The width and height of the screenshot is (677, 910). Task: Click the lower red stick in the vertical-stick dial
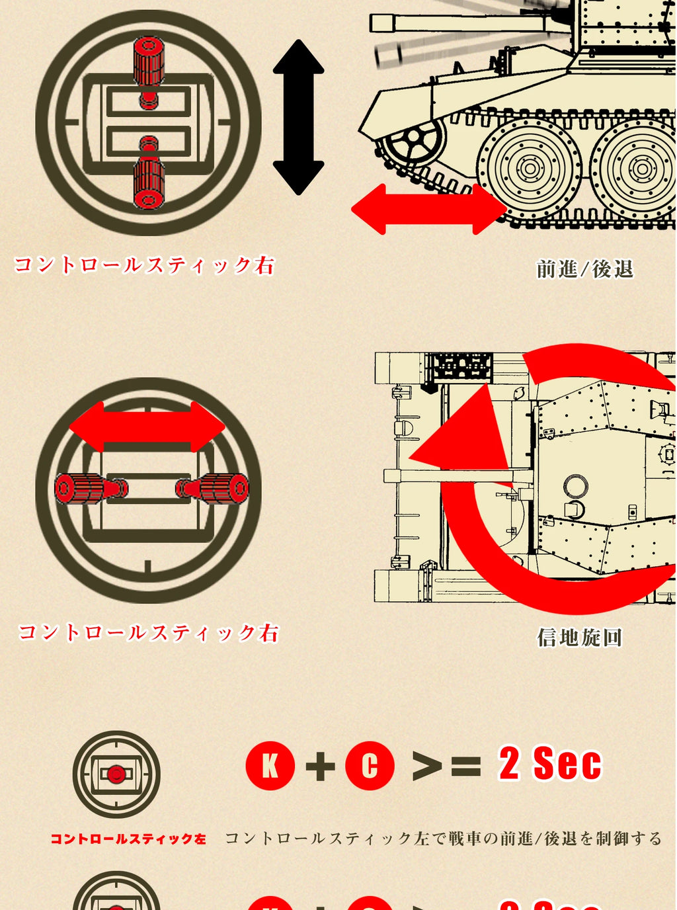pos(149,173)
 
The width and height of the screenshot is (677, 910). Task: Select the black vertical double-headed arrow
pos(299,117)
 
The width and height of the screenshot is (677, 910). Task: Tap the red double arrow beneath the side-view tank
pos(429,209)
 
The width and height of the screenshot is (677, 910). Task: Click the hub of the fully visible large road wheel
pos(530,169)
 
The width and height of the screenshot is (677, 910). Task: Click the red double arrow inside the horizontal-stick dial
pos(147,427)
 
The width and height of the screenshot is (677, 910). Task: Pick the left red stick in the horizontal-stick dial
pos(91,489)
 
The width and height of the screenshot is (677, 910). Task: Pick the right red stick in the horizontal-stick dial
pos(212,489)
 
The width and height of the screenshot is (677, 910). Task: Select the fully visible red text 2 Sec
pos(550,763)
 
